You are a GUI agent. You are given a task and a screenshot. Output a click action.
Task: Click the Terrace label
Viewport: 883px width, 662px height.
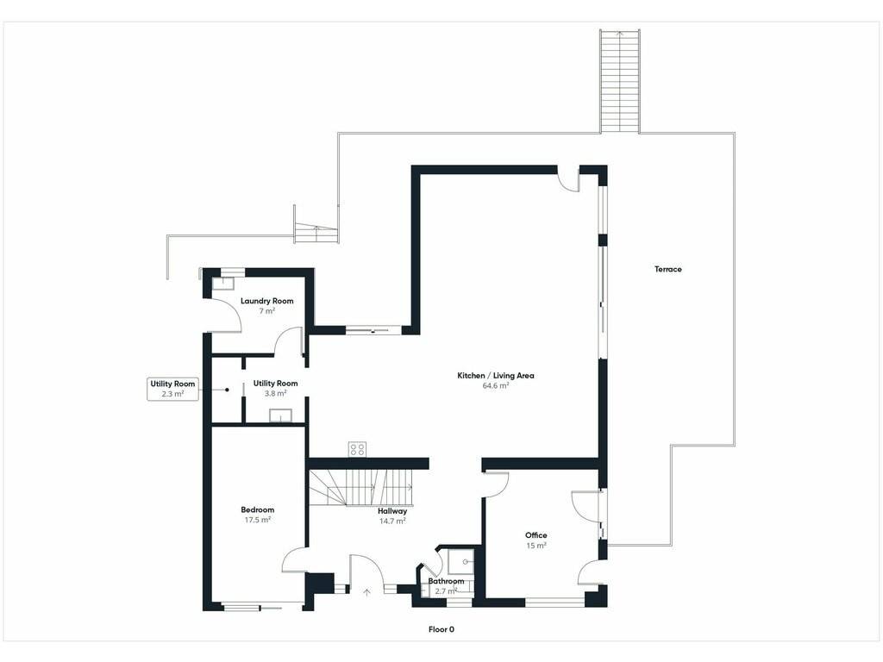tap(668, 269)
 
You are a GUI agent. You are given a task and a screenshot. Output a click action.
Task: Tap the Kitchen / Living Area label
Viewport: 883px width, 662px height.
tap(496, 376)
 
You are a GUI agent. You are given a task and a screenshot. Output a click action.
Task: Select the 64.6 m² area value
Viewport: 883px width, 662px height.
tap(496, 385)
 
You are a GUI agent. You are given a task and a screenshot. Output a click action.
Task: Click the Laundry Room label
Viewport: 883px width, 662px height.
tap(267, 301)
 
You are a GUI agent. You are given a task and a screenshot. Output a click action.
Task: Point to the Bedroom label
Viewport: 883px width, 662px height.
tap(257, 510)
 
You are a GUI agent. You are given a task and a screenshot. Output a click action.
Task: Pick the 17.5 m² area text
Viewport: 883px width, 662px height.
tap(257, 520)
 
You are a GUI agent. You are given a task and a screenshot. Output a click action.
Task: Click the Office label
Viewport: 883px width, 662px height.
tap(536, 535)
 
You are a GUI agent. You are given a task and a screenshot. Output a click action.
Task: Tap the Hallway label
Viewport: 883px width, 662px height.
tap(392, 511)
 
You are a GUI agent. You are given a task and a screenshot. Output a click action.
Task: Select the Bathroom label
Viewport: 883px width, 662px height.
tap(446, 581)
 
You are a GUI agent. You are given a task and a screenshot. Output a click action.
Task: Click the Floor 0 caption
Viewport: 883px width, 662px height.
tap(441, 629)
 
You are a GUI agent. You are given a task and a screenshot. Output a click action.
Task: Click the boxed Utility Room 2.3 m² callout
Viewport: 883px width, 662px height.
tap(172, 389)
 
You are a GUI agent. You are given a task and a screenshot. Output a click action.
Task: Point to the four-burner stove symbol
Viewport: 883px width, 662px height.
tap(357, 448)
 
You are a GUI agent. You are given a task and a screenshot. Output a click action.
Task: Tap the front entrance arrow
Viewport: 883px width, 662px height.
tap(367, 592)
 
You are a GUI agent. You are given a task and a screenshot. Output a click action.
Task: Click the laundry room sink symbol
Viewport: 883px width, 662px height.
tap(222, 283)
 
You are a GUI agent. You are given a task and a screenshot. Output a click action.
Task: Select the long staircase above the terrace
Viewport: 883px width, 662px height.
tap(620, 80)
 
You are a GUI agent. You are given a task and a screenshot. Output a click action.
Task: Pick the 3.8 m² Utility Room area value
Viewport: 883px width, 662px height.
tap(275, 393)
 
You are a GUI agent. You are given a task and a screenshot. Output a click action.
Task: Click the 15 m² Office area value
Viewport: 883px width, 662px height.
tap(536, 546)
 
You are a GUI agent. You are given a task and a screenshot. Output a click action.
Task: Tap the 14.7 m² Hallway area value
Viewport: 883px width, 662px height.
tap(392, 521)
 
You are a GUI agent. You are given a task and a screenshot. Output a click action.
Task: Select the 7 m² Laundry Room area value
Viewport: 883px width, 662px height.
tap(267, 311)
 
